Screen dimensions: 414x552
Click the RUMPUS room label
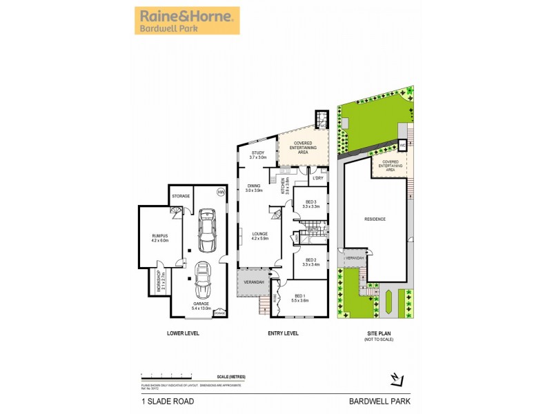click(x=159, y=238)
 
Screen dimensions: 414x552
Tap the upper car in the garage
click(x=205, y=231)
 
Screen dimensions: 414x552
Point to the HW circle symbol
click(x=221, y=192)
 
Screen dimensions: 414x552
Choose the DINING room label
click(x=254, y=188)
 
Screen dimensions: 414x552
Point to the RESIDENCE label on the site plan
click(x=375, y=219)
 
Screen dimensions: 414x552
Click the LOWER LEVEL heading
click(x=183, y=333)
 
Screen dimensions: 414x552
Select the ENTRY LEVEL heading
click(x=282, y=333)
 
